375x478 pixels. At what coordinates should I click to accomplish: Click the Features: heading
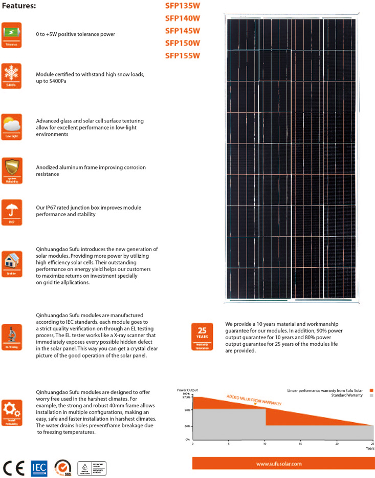(x=19, y=6)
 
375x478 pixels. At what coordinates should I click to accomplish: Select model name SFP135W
(x=183, y=7)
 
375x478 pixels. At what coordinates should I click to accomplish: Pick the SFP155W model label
(x=183, y=56)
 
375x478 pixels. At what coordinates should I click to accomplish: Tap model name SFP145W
(x=183, y=31)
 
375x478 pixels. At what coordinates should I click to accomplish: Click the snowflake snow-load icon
(x=11, y=75)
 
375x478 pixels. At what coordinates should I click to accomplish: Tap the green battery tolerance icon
(x=11, y=34)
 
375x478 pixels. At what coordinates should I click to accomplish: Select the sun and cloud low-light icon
(x=11, y=126)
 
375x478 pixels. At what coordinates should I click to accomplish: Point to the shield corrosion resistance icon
(x=11, y=170)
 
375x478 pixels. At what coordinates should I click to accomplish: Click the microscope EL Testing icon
(x=11, y=337)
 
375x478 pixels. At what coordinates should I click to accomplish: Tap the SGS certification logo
(x=62, y=468)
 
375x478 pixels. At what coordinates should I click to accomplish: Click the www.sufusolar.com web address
(x=278, y=463)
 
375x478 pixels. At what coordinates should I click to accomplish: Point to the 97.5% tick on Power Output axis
(x=186, y=397)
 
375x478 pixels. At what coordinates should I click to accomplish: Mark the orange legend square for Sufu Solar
(x=371, y=390)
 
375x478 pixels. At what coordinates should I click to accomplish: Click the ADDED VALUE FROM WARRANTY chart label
(x=254, y=400)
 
